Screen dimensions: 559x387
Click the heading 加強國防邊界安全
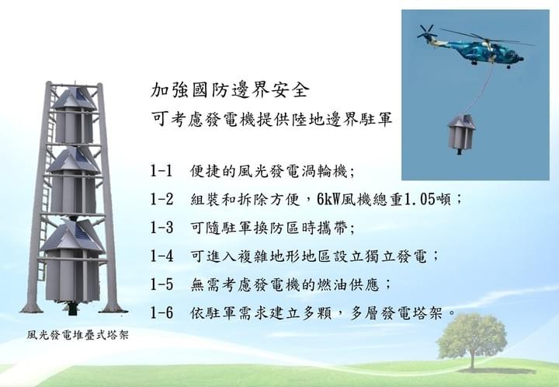229,90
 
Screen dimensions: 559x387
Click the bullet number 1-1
161,171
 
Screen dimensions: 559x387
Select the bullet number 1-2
161,199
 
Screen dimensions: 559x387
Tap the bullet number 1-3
161,228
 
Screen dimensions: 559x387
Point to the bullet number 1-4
161,256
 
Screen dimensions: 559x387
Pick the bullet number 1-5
161,284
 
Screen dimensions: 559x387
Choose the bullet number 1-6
161,313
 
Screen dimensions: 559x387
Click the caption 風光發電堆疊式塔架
78,335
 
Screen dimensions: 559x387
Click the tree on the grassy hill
472,340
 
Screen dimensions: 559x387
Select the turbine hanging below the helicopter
461,134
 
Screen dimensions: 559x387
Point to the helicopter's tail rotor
427,32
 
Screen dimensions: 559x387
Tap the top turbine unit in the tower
75,115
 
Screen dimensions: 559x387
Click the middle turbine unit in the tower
74,180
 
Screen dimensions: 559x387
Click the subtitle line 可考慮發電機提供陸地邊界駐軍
271,119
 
